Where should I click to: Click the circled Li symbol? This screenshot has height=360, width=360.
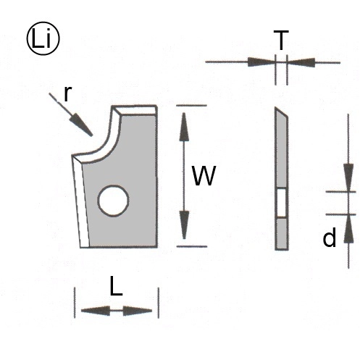tap(43, 39)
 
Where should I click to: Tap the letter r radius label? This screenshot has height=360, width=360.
tap(68, 93)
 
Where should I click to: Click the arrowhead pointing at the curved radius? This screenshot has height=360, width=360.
tap(81, 125)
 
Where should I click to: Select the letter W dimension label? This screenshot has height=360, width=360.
tap(204, 176)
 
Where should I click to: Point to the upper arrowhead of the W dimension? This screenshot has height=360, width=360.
tap(184, 127)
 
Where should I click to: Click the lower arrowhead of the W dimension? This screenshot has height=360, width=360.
tap(185, 225)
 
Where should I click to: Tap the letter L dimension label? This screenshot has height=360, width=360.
tap(117, 286)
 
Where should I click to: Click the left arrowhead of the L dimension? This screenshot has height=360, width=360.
tap(96, 311)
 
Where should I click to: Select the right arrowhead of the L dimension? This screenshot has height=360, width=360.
tap(138, 311)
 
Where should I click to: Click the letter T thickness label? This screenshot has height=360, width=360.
tap(281, 40)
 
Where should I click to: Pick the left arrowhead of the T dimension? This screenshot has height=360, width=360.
tap(261, 62)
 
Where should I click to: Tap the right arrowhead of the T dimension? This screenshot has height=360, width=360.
tap(301, 62)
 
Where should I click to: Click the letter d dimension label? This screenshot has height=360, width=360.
tap(330, 238)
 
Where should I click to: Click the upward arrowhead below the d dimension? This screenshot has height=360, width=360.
tap(349, 228)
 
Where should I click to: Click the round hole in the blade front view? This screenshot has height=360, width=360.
tap(113, 201)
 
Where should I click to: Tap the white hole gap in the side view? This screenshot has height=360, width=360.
tap(281, 203)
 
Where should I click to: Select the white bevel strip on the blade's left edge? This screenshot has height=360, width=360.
tap(81, 201)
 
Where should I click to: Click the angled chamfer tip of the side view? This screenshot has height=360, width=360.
tap(282, 113)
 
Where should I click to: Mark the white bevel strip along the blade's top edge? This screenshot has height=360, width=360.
tap(135, 110)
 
